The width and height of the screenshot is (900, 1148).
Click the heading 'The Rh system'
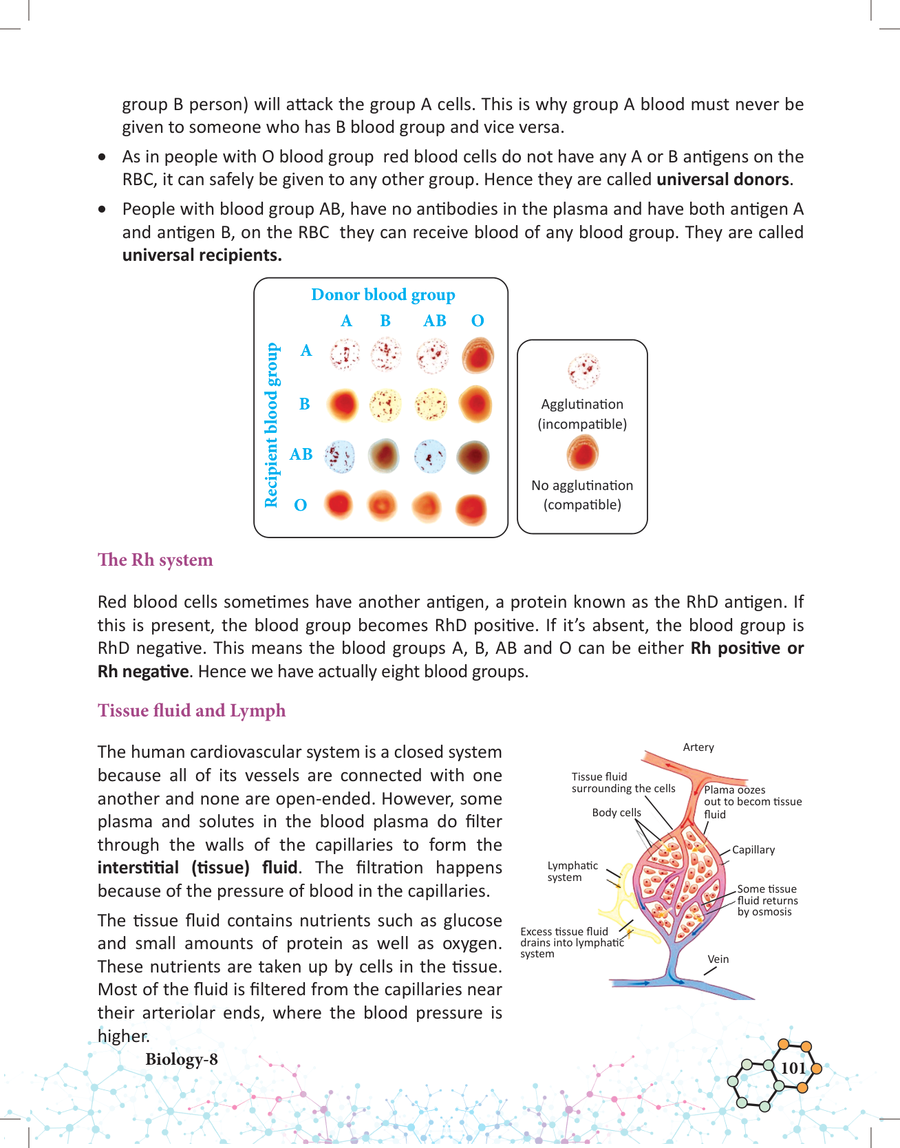156,560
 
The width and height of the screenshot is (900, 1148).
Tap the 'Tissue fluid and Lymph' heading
191,711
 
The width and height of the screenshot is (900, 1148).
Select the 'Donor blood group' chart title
383,295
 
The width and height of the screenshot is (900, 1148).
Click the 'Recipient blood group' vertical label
272,425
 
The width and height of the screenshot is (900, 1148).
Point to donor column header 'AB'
435,321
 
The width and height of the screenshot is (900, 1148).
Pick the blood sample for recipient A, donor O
478,355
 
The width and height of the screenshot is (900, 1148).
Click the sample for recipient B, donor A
343,405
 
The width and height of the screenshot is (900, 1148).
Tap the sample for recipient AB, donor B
384,456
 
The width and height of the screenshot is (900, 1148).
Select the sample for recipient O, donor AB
428,507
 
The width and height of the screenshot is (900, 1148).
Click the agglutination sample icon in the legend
583,371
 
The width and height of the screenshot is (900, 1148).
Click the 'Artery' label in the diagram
698,747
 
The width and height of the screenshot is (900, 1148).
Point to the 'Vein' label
718,959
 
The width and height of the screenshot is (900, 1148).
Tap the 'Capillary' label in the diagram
753,850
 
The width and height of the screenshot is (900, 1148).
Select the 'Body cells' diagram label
617,813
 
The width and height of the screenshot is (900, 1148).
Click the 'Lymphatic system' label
572,871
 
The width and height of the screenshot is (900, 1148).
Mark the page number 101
793,1068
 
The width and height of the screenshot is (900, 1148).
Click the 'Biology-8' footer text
182,1059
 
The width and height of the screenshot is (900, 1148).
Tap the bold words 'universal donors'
722,180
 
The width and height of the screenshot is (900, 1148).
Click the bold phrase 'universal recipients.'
202,255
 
